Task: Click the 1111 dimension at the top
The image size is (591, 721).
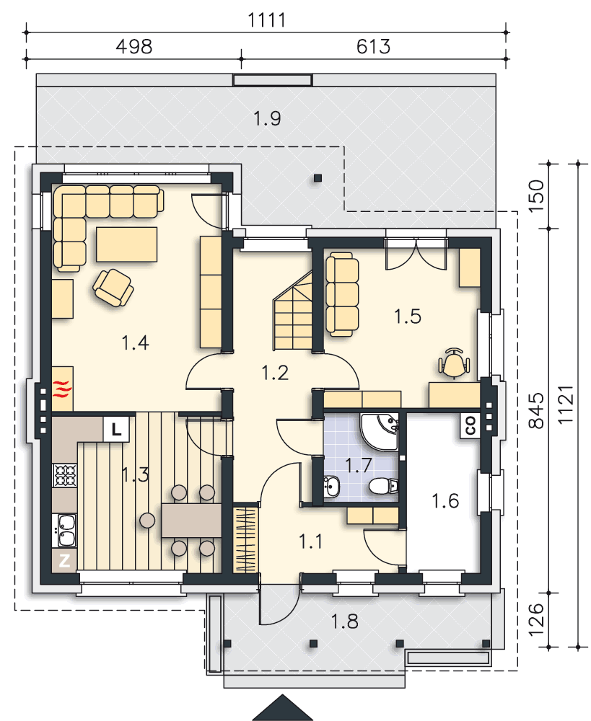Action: point(266,19)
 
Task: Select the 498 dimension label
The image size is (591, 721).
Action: point(134,46)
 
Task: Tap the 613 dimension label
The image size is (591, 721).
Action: point(373,46)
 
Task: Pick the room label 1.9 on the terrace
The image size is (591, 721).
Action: point(268,118)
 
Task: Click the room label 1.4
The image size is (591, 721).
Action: point(136,342)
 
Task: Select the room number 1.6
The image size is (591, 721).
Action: point(445,501)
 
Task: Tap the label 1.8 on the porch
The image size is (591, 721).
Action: point(345,622)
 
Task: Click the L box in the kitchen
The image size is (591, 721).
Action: point(116,429)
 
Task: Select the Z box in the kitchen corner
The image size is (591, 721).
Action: point(64,560)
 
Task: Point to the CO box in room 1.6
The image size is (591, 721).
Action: point(470,425)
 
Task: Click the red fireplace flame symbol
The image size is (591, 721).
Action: point(63,389)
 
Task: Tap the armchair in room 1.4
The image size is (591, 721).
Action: point(113,288)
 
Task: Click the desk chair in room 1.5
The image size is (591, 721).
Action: point(455,363)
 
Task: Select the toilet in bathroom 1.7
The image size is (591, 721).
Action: point(383,485)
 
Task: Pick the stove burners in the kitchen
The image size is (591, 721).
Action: point(65,475)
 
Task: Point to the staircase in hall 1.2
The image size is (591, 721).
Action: point(293,311)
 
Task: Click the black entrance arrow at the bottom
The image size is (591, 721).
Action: point(283,708)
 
